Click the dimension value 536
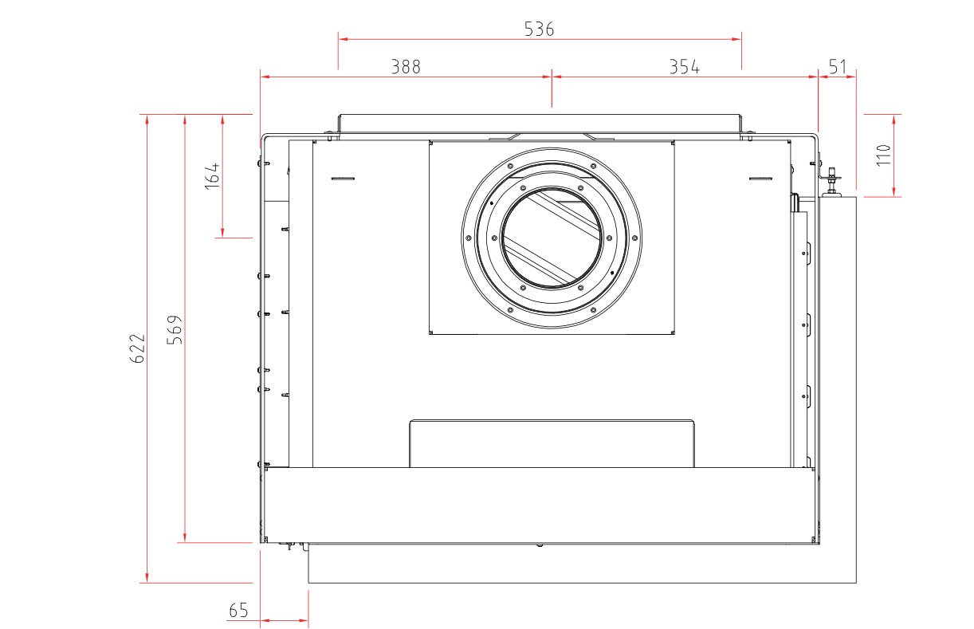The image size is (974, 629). click(x=539, y=29)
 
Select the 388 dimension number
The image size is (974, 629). click(x=406, y=67)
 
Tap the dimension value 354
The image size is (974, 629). click(x=685, y=67)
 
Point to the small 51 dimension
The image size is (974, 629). click(x=838, y=67)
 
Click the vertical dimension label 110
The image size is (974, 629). click(x=884, y=155)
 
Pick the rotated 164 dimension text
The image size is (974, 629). click(x=212, y=176)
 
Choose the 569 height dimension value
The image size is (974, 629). click(x=175, y=330)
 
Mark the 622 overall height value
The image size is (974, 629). click(x=137, y=348)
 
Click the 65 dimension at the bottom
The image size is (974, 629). click(x=238, y=611)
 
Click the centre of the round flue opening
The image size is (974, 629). click(x=552, y=238)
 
